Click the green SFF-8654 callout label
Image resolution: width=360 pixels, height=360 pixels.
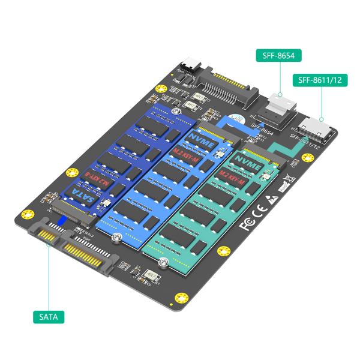(x=278, y=56)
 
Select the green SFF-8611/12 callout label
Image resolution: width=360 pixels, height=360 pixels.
(x=319, y=80)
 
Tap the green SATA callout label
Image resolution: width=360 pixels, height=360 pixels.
(x=49, y=316)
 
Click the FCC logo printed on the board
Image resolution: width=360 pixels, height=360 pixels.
(x=247, y=226)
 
